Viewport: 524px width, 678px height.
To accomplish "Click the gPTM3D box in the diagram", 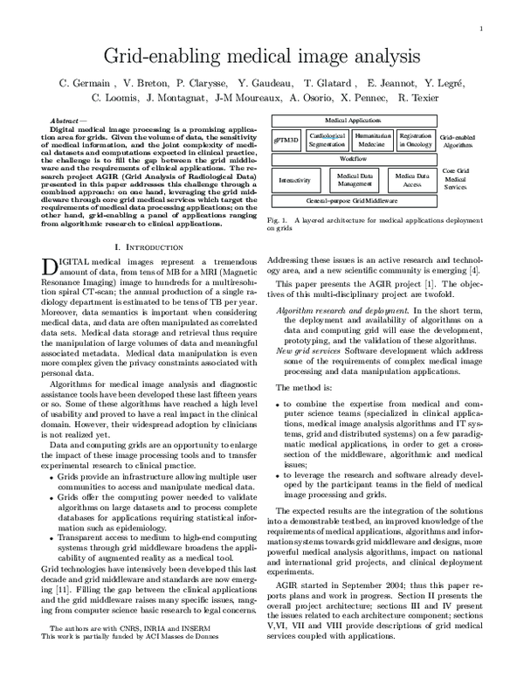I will click(286, 140).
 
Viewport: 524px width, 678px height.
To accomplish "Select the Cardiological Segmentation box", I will click(328, 139).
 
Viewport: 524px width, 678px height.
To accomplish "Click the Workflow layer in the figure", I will click(353, 159).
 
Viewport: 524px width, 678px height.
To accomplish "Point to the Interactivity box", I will click(294, 181).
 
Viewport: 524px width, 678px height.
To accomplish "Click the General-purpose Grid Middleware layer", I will click(353, 201).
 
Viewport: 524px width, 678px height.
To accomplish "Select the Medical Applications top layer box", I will click(353, 120).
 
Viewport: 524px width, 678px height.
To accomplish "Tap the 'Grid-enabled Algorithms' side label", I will click(457, 140).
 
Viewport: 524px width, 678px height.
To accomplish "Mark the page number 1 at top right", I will click(481, 29).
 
